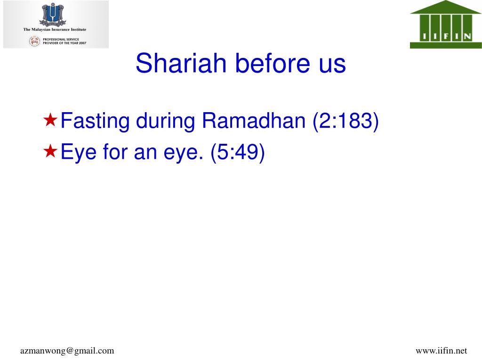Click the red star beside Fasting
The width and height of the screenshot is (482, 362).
click(50, 120)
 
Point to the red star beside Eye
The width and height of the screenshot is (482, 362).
click(50, 151)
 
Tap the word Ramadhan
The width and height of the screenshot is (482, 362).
click(254, 120)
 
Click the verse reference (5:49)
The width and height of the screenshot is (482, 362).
click(238, 152)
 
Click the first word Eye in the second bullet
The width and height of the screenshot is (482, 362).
click(79, 153)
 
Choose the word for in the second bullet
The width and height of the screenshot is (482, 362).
click(115, 151)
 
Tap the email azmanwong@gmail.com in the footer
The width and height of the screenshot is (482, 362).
click(67, 351)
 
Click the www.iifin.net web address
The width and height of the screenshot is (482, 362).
click(441, 351)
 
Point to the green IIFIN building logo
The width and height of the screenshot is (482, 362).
click(446, 25)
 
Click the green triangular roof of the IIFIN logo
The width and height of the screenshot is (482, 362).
click(445, 7)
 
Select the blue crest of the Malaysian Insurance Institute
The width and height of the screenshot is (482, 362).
click(53, 15)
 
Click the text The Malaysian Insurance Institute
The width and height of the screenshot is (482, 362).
click(55, 30)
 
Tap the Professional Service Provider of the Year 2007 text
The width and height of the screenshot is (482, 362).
click(64, 41)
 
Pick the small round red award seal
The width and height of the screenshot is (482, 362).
click(35, 41)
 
